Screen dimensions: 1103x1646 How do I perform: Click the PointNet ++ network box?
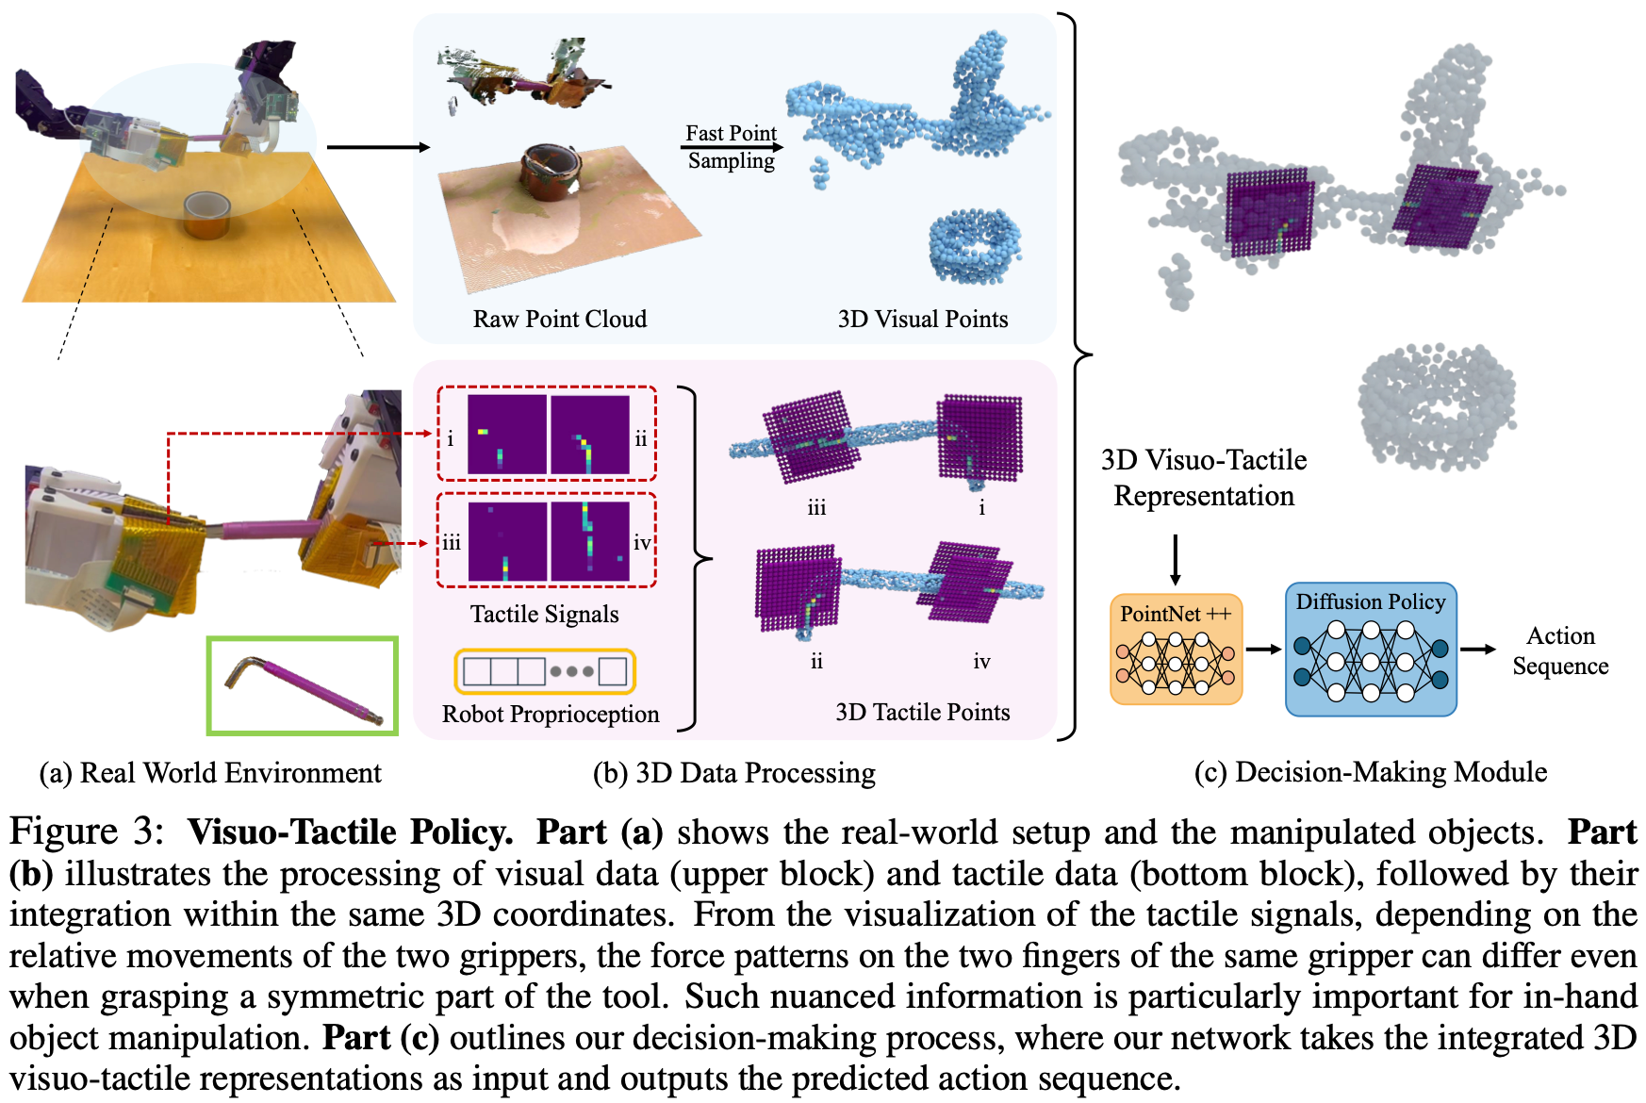tap(1176, 649)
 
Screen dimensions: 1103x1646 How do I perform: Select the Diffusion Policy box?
tap(1371, 650)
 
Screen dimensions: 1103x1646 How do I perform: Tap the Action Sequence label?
tap(1560, 650)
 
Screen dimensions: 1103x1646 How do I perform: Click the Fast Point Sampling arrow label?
tap(732, 146)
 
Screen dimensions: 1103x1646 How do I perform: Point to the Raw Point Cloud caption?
tap(560, 319)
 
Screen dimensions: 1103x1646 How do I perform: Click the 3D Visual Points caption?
tap(922, 319)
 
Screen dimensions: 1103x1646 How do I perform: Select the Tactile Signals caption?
tap(545, 614)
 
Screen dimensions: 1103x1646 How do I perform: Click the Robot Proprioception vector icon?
tap(545, 671)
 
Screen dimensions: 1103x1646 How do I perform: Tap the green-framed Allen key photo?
tap(303, 685)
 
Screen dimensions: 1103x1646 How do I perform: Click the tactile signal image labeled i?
tap(506, 435)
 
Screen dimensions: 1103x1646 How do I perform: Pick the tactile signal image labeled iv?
tap(590, 541)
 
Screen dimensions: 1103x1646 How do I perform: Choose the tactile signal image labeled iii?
tap(507, 541)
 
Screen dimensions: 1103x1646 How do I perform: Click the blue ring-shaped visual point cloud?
tap(974, 247)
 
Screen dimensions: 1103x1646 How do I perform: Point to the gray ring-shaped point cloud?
tap(1435, 405)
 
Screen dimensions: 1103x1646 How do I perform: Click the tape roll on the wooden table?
tap(206, 214)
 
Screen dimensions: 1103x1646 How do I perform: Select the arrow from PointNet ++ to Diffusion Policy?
tap(1263, 649)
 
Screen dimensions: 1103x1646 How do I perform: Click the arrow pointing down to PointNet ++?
tap(1175, 560)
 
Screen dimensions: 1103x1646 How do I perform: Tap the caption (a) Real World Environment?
tap(210, 773)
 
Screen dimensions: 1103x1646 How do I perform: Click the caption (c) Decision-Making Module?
tap(1370, 772)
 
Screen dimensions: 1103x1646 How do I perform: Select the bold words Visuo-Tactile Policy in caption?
tap(350, 831)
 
